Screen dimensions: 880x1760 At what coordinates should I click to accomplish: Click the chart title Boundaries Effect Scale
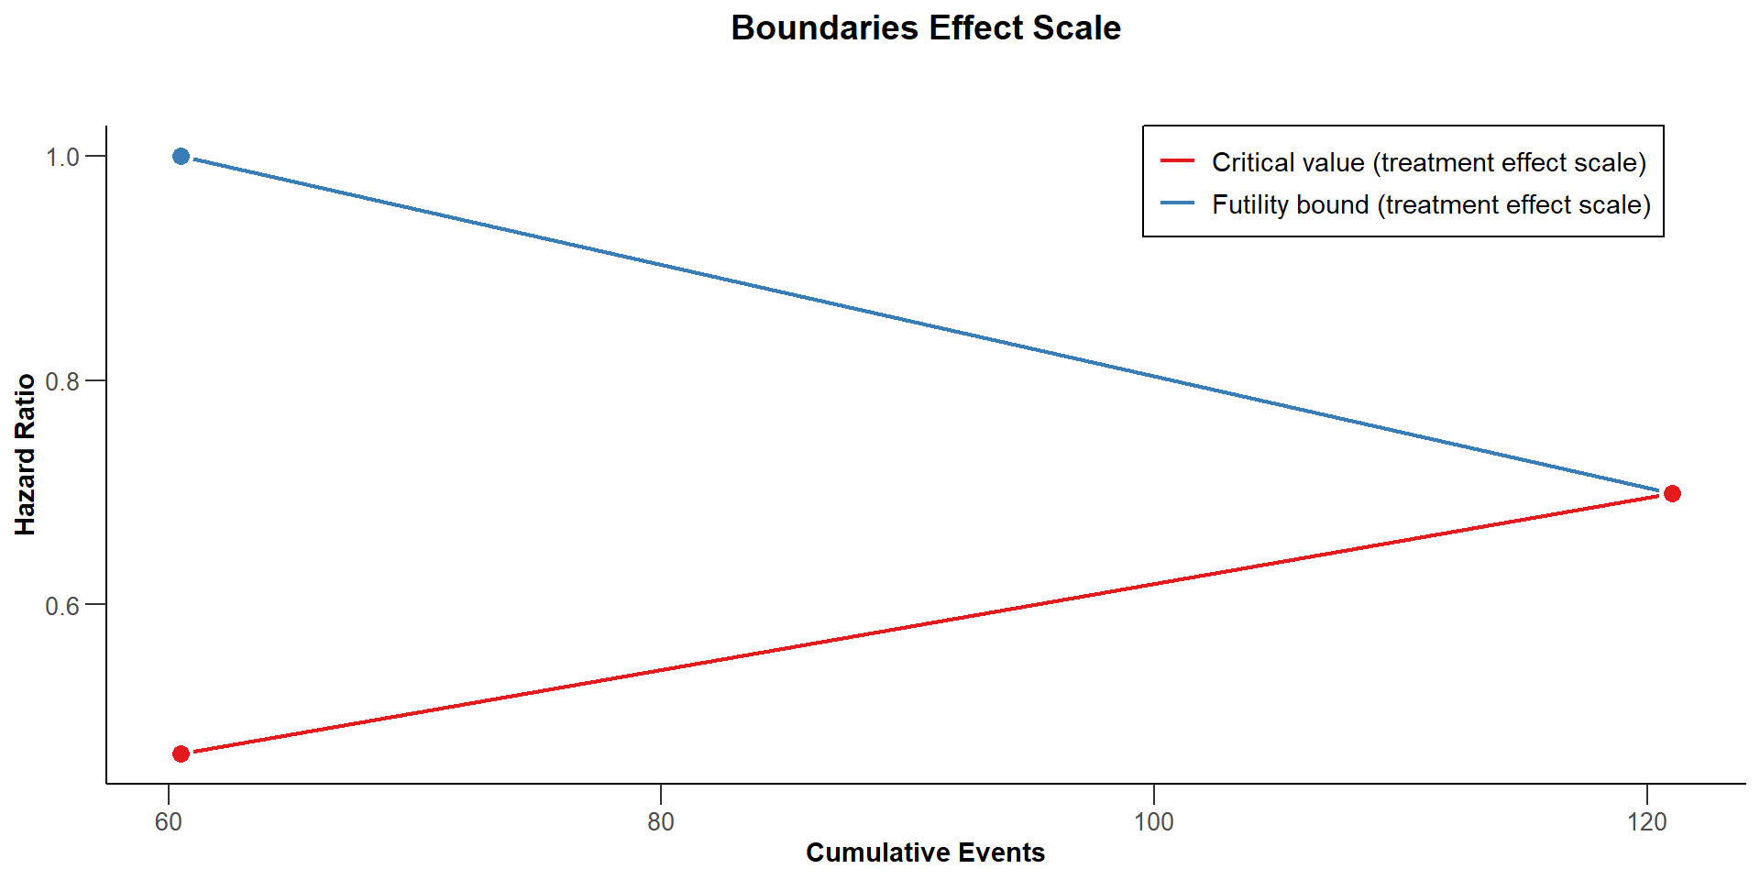pyautogui.click(x=925, y=27)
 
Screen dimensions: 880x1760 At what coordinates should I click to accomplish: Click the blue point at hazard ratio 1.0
pyautogui.click(x=181, y=157)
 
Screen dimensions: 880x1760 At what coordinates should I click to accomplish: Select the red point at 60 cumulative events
pyautogui.click(x=181, y=753)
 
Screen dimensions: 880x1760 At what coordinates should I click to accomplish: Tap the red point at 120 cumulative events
pyautogui.click(x=1672, y=494)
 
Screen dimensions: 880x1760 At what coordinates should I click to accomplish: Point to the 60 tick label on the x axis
pyautogui.click(x=169, y=822)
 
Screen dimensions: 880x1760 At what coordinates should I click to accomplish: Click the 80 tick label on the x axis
pyautogui.click(x=661, y=822)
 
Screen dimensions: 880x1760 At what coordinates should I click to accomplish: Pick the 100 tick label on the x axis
pyautogui.click(x=1153, y=822)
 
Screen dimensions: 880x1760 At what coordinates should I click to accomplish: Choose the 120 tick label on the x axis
pyautogui.click(x=1647, y=822)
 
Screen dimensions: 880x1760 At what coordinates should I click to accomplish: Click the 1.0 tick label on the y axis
pyautogui.click(x=63, y=157)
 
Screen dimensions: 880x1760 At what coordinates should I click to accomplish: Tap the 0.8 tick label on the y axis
pyautogui.click(x=63, y=381)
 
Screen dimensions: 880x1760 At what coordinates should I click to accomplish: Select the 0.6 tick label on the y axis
pyautogui.click(x=63, y=606)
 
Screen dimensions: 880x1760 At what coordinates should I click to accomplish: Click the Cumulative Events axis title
pyautogui.click(x=925, y=852)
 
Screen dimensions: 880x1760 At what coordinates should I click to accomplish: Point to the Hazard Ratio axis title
pyautogui.click(x=25, y=454)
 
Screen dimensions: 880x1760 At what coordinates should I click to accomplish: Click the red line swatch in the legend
pyautogui.click(x=1178, y=161)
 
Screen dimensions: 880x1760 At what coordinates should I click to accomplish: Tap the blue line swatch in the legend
pyautogui.click(x=1178, y=203)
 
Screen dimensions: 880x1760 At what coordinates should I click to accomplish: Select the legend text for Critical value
pyautogui.click(x=1428, y=162)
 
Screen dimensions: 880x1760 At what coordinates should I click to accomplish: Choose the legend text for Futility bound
pyautogui.click(x=1431, y=204)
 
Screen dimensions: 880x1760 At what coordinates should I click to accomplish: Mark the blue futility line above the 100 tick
pyautogui.click(x=1153, y=376)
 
